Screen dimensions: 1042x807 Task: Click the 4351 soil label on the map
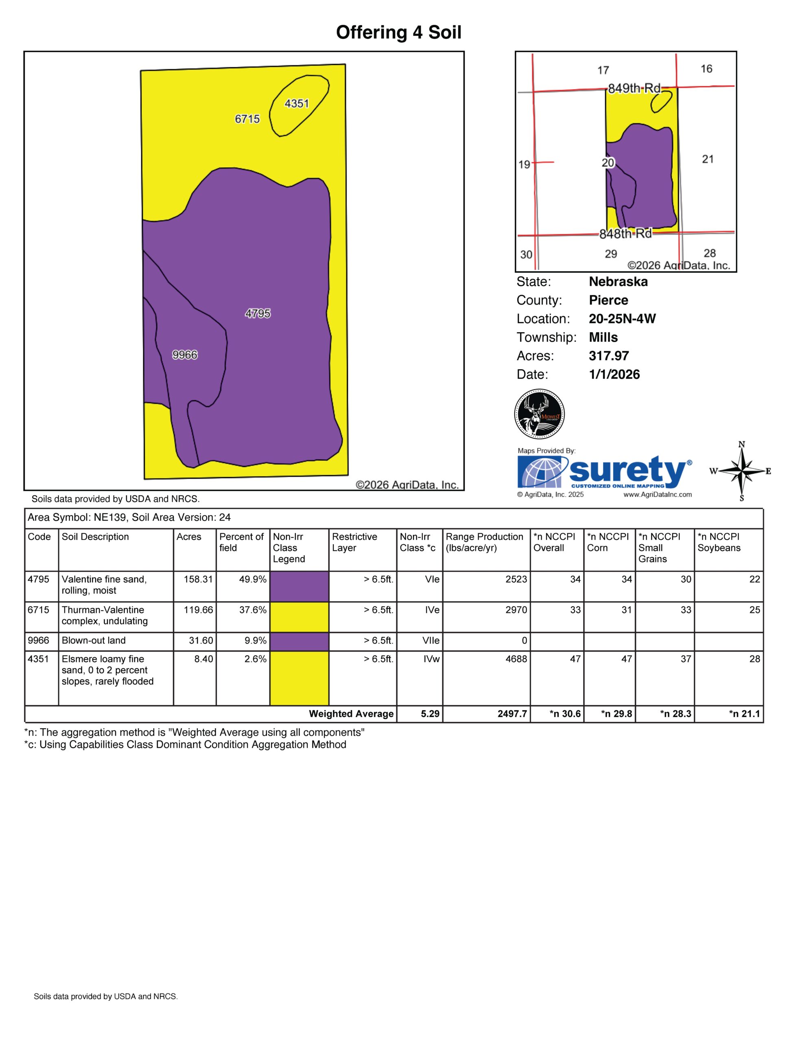pyautogui.click(x=297, y=103)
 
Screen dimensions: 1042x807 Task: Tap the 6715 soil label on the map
pyautogui.click(x=247, y=119)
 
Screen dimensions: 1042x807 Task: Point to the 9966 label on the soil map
pyautogui.click(x=185, y=355)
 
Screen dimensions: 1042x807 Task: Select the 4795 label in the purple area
pyautogui.click(x=258, y=313)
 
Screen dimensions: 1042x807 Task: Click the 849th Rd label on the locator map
pyautogui.click(x=634, y=88)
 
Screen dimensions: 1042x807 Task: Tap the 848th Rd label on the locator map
pyautogui.click(x=625, y=234)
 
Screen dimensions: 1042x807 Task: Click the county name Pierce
pyautogui.click(x=608, y=300)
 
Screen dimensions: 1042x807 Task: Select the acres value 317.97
pyautogui.click(x=608, y=356)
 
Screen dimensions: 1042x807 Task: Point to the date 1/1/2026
pyautogui.click(x=615, y=374)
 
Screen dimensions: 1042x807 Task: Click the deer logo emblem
pyautogui.click(x=540, y=414)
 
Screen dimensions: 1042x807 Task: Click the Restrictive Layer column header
pyautogui.click(x=354, y=543)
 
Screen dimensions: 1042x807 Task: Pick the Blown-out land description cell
pyautogui.click(x=94, y=640)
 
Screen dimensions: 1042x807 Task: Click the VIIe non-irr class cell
pyautogui.click(x=431, y=640)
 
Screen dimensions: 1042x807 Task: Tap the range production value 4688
pyautogui.click(x=516, y=659)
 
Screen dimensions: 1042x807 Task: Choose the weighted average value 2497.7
pyautogui.click(x=512, y=714)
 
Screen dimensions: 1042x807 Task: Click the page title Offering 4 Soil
pyautogui.click(x=399, y=33)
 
